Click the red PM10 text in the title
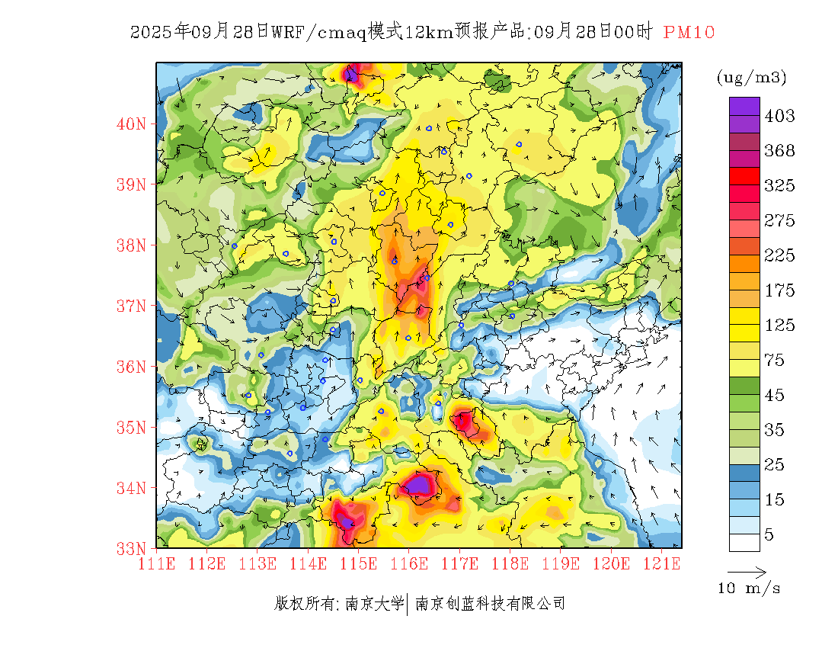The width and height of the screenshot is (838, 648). pos(689,32)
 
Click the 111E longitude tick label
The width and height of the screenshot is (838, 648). pos(157,564)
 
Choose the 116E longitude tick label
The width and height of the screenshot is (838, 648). pos(409,564)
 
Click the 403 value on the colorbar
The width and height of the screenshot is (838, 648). pos(779,116)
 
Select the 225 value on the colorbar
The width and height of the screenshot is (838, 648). pos(779,255)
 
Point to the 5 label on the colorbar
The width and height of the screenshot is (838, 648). pos(769,534)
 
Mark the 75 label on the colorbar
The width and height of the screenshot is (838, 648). pos(775,360)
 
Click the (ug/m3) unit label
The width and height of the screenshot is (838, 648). pos(751,77)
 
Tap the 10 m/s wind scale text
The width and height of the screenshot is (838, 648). pos(749,589)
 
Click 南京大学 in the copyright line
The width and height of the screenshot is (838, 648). pos(374,604)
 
